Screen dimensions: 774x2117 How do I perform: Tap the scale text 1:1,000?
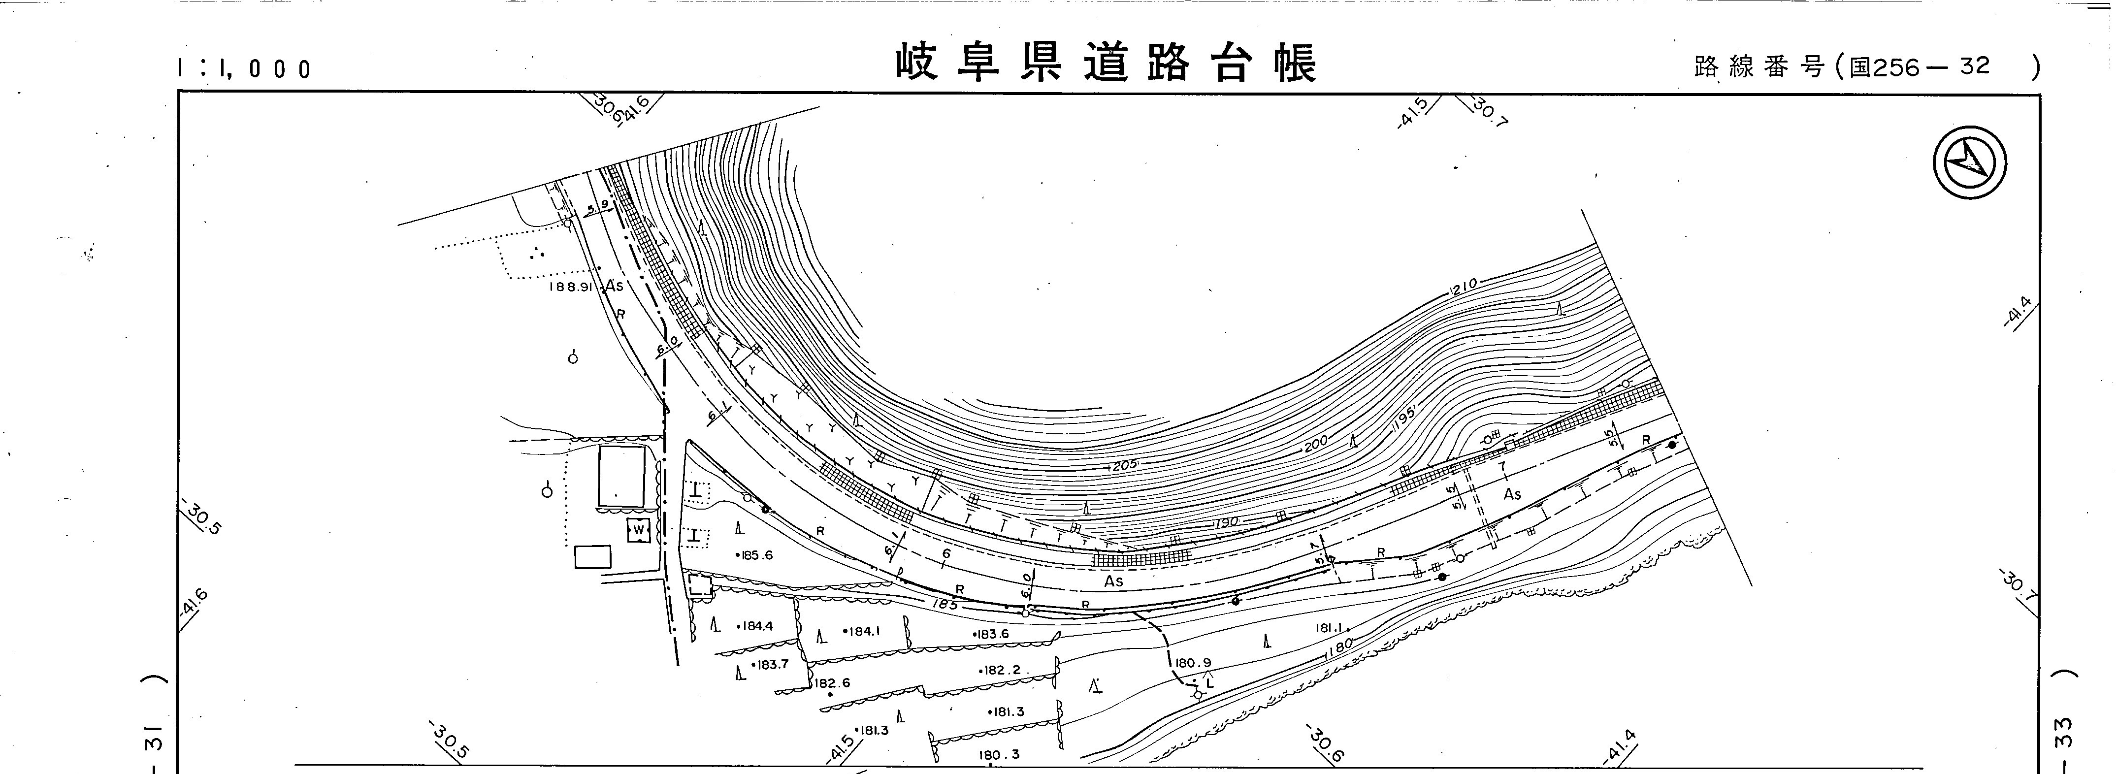tap(245, 69)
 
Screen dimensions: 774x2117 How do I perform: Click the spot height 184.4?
tap(756, 626)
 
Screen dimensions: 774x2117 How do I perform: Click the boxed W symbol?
tap(639, 531)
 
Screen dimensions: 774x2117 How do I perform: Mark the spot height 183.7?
tap(771, 664)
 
